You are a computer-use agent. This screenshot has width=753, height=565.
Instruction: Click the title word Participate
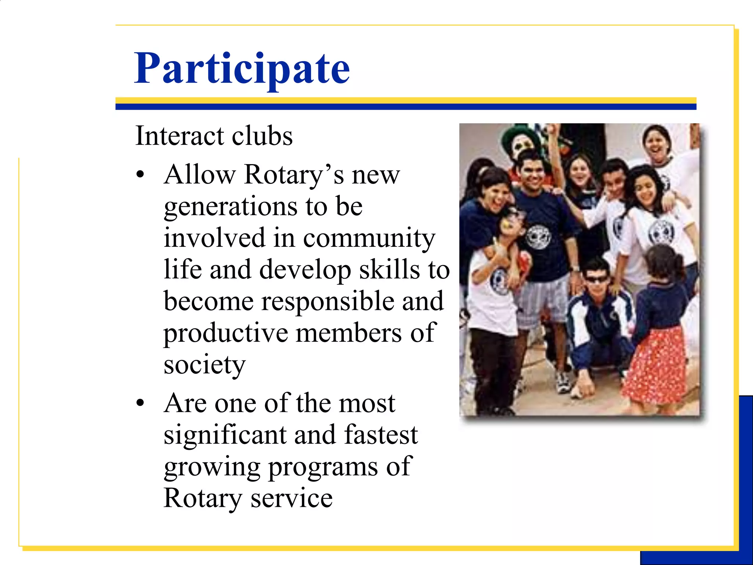click(242, 69)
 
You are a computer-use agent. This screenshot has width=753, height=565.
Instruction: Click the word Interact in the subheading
click(179, 136)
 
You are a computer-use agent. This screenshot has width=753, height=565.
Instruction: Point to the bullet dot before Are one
click(140, 403)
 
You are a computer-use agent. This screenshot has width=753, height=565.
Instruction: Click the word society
click(204, 365)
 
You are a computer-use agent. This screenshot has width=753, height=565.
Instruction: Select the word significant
click(225, 435)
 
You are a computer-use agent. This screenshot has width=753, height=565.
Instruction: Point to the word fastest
click(381, 435)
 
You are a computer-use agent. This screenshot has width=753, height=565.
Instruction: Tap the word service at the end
click(292, 498)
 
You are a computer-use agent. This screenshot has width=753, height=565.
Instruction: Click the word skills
click(389, 270)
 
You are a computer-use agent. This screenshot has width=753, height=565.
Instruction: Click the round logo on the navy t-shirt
click(538, 236)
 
